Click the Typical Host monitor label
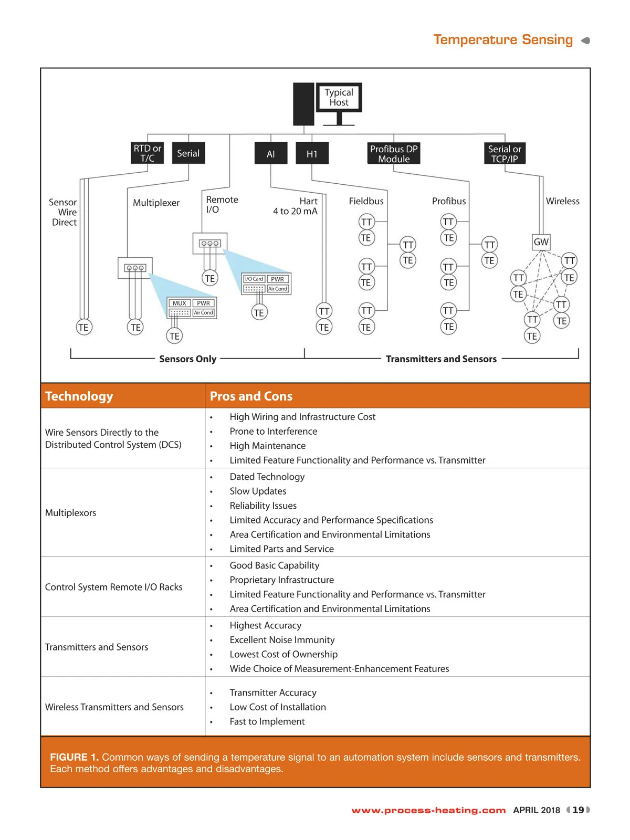[x=339, y=97]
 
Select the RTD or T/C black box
[x=147, y=153]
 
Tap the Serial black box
[x=188, y=153]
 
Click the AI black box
[x=270, y=154]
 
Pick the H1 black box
[x=312, y=154]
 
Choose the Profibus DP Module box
[x=394, y=154]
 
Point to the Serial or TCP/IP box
[x=504, y=154]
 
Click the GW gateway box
[x=541, y=242]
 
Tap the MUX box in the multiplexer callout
[x=180, y=303]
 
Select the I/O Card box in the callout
[x=254, y=279]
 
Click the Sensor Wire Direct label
[x=64, y=212]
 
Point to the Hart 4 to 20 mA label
[x=296, y=206]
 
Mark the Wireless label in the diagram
[x=562, y=201]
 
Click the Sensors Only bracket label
[x=187, y=359]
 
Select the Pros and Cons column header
[x=251, y=396]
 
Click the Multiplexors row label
[x=71, y=513]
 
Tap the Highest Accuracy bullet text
[x=265, y=625]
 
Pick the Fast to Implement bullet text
[x=267, y=721]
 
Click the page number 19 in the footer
[x=578, y=810]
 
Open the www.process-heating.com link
[x=428, y=810]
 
